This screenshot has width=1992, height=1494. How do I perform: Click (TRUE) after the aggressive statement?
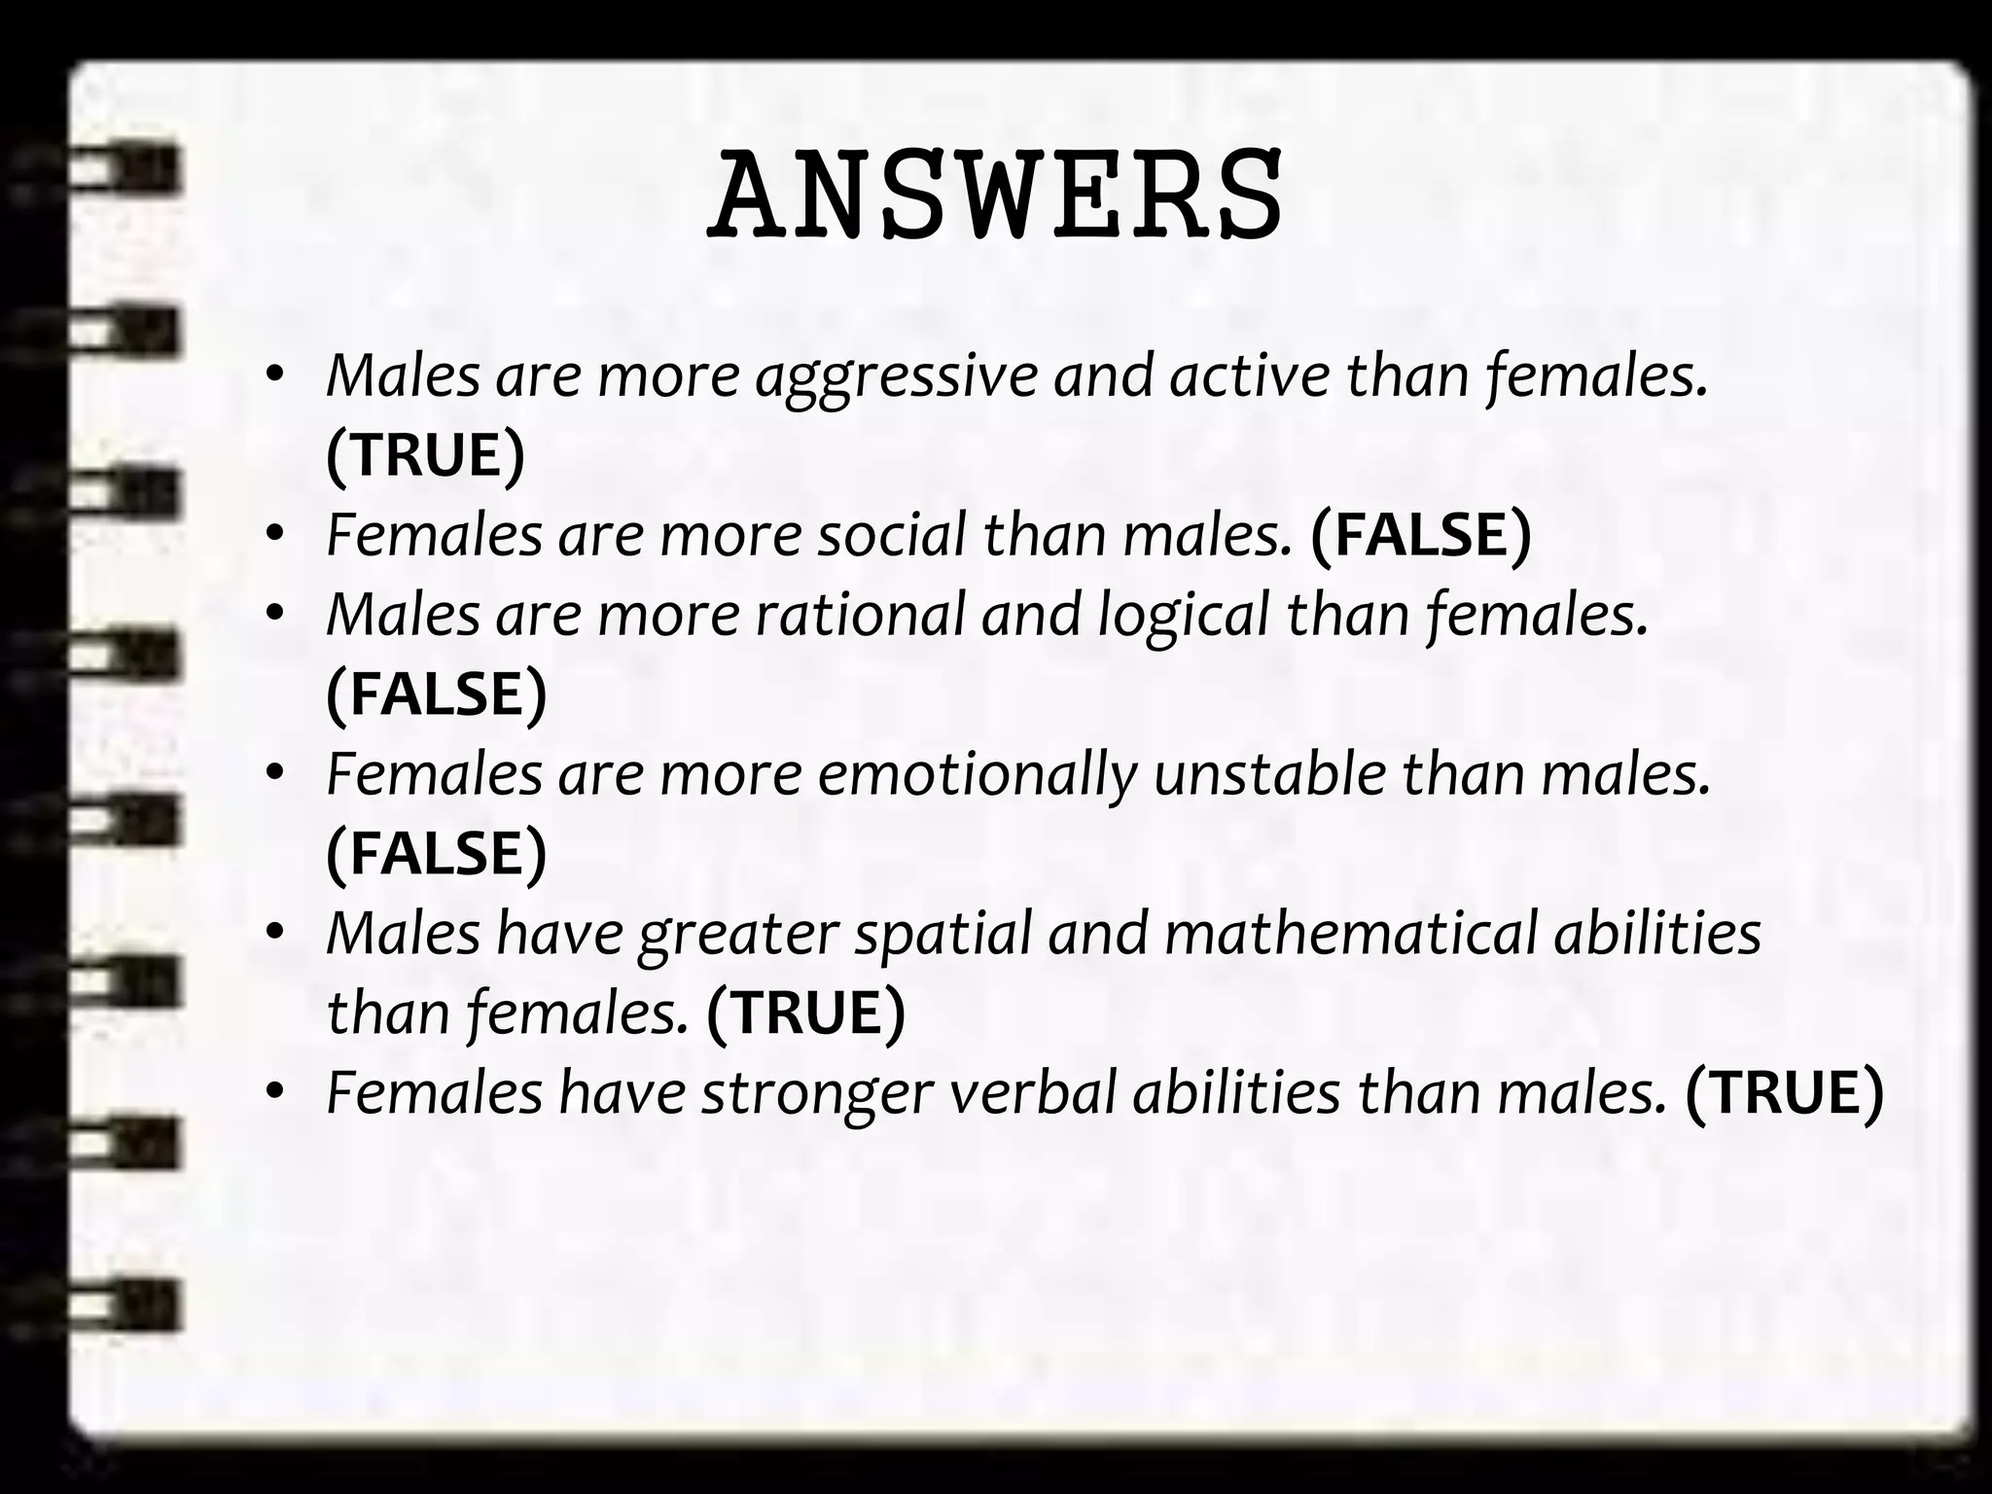pyautogui.click(x=425, y=455)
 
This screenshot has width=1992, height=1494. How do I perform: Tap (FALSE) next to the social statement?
pyautogui.click(x=1421, y=535)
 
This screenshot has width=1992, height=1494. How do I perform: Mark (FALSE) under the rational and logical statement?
pyautogui.click(x=437, y=694)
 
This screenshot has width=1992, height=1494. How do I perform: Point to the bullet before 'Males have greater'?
pyautogui.click(x=275, y=932)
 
